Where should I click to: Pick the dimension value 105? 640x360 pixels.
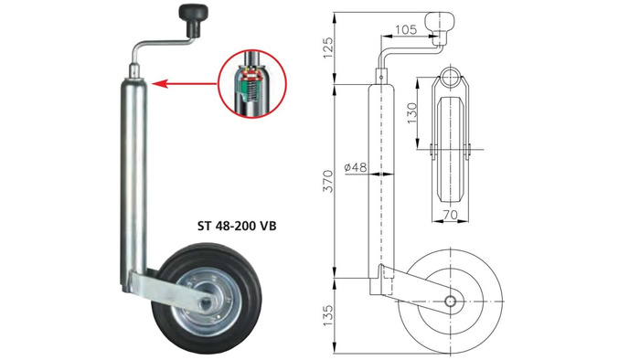pos(408,30)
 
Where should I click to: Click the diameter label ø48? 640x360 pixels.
pos(356,168)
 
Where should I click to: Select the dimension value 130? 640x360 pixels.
pos(412,113)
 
